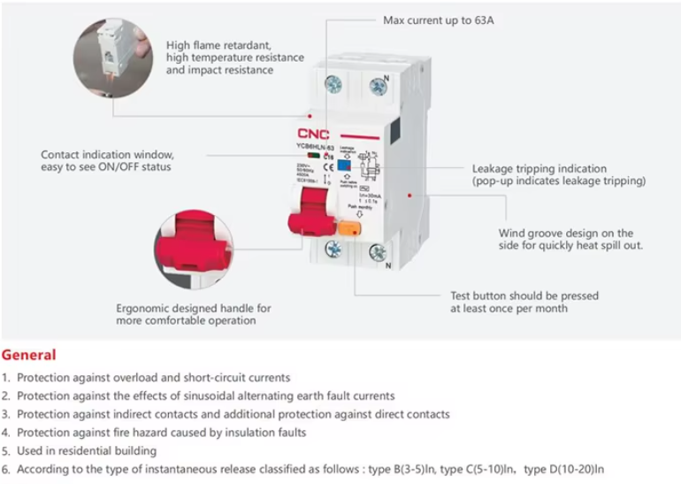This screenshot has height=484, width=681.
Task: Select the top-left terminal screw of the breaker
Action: tap(333, 85)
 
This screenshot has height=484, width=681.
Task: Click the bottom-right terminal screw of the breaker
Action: tap(378, 254)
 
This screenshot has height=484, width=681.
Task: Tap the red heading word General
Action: tap(29, 356)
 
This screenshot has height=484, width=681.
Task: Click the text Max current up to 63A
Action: tap(439, 19)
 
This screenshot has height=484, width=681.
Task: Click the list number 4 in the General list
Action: tap(6, 433)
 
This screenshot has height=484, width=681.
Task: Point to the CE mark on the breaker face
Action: tap(328, 156)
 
